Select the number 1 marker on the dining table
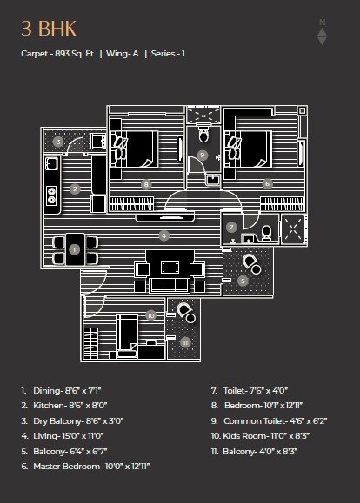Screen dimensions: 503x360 pyautogui.click(x=74, y=249)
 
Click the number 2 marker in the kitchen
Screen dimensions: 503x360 pyautogui.click(x=76, y=189)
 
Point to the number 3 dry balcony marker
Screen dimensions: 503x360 pyautogui.click(x=57, y=142)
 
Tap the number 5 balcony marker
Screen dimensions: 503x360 pyautogui.click(x=243, y=280)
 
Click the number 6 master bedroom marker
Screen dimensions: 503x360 pyautogui.click(x=267, y=184)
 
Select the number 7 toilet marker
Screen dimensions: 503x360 pyautogui.click(x=231, y=227)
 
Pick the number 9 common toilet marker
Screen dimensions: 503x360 pyautogui.click(x=203, y=155)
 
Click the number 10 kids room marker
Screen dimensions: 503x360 pyautogui.click(x=150, y=315)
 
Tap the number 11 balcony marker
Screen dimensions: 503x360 pyautogui.click(x=185, y=342)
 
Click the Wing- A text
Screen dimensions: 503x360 pyautogui.click(x=124, y=53)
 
